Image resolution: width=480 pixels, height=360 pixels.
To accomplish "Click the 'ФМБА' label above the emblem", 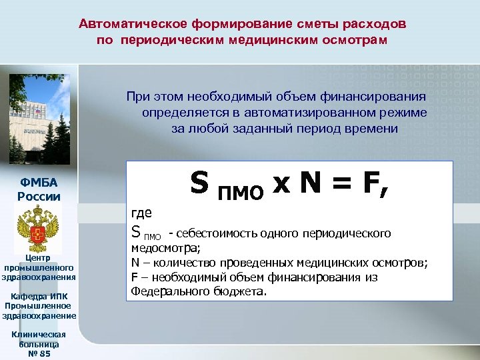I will (39, 183).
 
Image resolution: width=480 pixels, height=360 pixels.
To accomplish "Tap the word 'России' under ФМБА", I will (39, 196).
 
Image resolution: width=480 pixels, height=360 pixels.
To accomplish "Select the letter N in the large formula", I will (313, 182).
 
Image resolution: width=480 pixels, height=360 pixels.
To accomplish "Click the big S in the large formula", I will (199, 182).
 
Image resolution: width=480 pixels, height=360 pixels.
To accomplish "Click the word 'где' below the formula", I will (142, 213).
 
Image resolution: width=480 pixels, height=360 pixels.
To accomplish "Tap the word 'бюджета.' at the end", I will (243, 291).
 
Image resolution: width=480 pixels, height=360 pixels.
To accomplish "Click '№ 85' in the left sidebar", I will (39, 353).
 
